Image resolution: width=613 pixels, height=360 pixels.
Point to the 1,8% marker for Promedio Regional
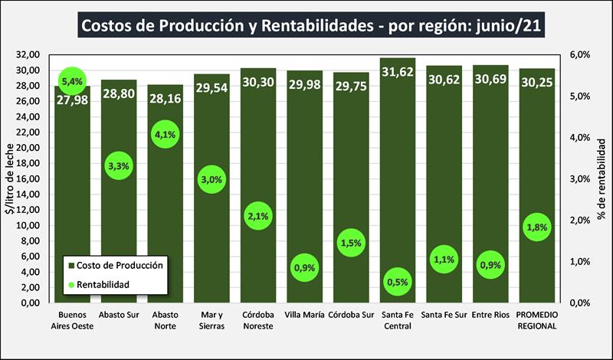pyautogui.click(x=536, y=227)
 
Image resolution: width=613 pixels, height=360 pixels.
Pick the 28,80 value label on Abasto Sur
pyautogui.click(x=119, y=80)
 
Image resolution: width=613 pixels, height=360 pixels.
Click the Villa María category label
pyautogui.click(x=304, y=314)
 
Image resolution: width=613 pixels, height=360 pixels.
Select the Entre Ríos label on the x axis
pyautogui.click(x=490, y=314)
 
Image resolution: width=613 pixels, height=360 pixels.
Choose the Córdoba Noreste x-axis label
pyautogui.click(x=258, y=319)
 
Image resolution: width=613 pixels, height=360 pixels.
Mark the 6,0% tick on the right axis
pyautogui.click(x=579, y=55)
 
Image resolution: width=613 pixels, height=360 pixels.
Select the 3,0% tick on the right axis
pyautogui.click(x=579, y=179)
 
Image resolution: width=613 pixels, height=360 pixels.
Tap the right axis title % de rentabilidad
pyautogui.click(x=603, y=179)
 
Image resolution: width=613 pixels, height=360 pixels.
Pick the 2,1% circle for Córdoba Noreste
pyautogui.click(x=258, y=216)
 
